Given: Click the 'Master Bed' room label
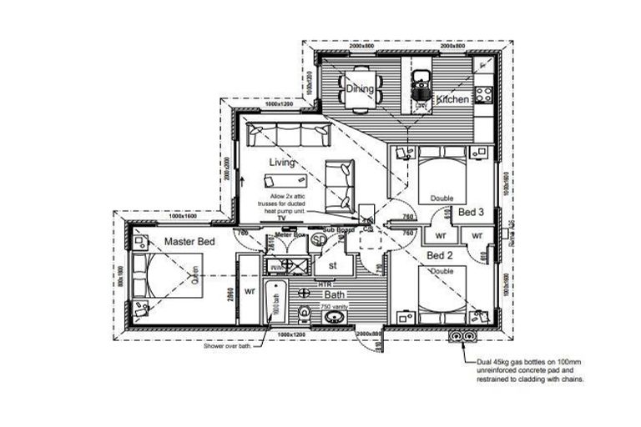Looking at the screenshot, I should click(x=189, y=242).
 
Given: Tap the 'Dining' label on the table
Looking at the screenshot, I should click(x=360, y=88).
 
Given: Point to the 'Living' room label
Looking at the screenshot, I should click(x=282, y=163).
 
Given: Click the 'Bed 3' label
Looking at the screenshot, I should click(x=472, y=213).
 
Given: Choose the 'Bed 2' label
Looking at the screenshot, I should click(x=440, y=255).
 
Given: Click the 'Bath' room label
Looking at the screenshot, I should click(x=334, y=294).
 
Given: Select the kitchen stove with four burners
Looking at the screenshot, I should click(x=482, y=92).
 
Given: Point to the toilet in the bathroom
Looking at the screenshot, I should click(x=305, y=313).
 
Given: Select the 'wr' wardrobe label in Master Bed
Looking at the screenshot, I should click(x=249, y=292).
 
